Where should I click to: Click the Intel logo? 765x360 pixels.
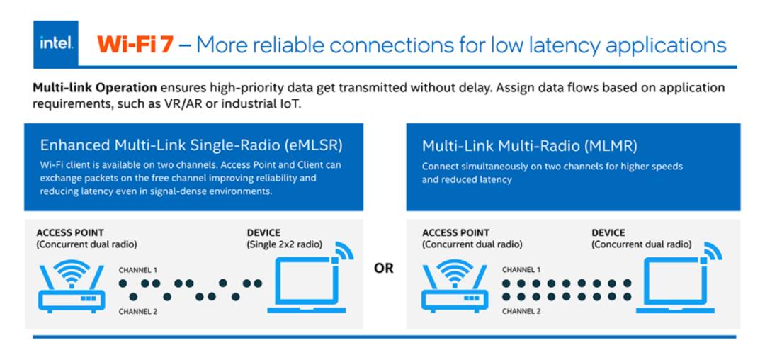click(56, 44)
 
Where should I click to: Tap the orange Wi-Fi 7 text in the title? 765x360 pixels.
click(135, 45)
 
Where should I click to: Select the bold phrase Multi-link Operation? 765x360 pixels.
click(95, 89)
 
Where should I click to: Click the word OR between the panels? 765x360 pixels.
click(384, 269)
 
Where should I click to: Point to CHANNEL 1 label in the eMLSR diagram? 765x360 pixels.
click(138, 270)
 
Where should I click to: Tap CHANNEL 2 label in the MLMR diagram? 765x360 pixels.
click(521, 310)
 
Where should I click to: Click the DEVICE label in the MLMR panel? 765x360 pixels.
click(608, 232)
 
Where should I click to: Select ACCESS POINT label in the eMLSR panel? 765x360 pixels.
click(70, 232)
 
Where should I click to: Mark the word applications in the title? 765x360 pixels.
click(660, 46)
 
